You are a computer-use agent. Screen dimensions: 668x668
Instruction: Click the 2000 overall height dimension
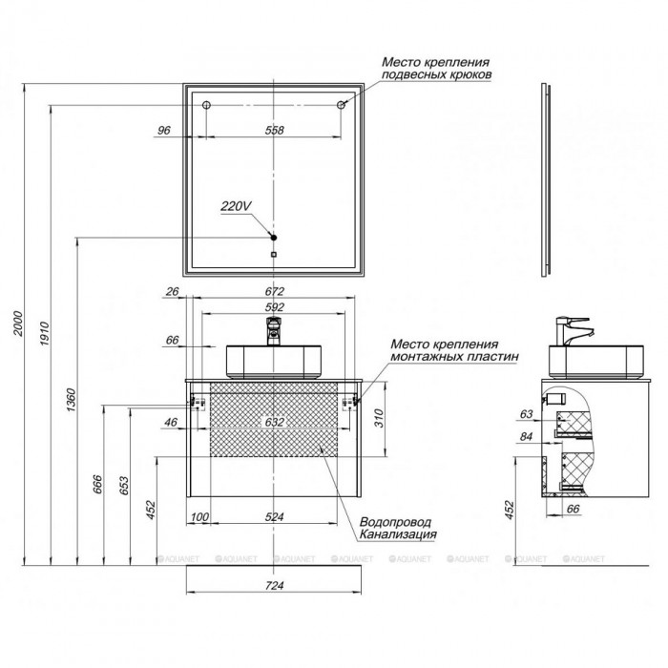click(x=18, y=324)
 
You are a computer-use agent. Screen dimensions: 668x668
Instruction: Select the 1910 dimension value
click(x=45, y=334)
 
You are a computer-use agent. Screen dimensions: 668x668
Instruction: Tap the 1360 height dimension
click(x=71, y=400)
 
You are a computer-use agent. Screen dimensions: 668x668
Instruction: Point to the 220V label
click(x=236, y=206)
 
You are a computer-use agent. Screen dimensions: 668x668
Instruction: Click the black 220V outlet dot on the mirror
click(x=274, y=238)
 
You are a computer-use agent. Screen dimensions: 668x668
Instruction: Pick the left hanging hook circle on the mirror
click(x=207, y=105)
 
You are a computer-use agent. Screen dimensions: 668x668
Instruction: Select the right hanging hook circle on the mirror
click(x=341, y=105)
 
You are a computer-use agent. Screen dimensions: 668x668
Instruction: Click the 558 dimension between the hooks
click(x=274, y=130)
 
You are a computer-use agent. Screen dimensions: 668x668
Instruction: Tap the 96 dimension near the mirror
click(x=163, y=130)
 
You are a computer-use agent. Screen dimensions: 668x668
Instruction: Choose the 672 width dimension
click(x=274, y=291)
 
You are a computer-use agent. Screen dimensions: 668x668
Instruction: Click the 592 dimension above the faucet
click(x=274, y=307)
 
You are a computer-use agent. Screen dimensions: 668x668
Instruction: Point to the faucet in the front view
click(x=274, y=331)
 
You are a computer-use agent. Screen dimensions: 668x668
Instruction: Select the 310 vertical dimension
click(x=379, y=418)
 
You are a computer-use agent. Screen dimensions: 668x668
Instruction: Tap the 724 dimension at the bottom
click(x=274, y=586)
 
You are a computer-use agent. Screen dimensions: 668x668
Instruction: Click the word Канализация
click(x=398, y=534)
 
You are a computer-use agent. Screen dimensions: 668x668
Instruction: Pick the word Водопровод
click(x=395, y=522)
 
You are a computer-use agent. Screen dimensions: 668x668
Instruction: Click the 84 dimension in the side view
click(x=527, y=437)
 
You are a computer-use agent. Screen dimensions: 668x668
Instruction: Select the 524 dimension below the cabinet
click(x=274, y=517)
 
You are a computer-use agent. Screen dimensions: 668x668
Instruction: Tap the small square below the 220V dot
click(x=274, y=255)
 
